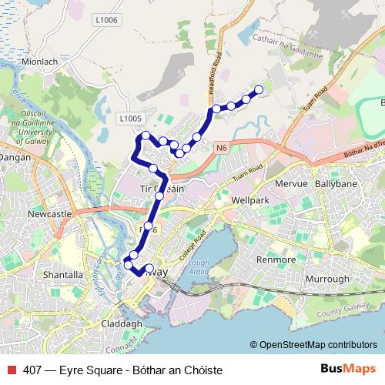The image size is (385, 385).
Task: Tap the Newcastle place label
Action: (x=49, y=213)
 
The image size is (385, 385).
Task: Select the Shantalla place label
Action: (x=63, y=274)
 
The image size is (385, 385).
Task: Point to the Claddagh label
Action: (x=122, y=323)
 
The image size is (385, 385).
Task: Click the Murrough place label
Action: (x=326, y=278)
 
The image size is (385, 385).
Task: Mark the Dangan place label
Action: (x=13, y=156)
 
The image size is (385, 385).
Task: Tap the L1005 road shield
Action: (x=130, y=119)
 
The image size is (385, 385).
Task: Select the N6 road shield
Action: (x=222, y=147)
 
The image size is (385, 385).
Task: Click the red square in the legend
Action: (x=11, y=370)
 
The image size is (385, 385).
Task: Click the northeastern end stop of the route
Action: (x=259, y=90)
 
